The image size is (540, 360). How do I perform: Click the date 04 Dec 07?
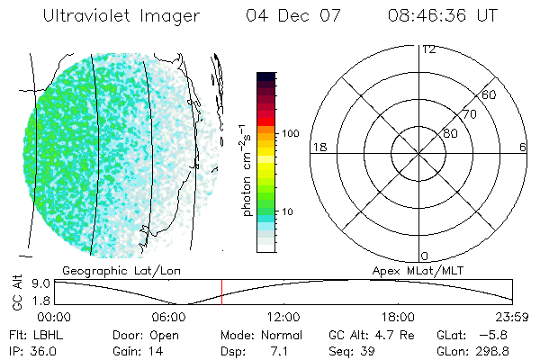coord(284,16)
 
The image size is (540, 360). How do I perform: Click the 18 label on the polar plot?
coord(318,147)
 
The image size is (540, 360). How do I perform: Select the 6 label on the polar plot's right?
coord(523,147)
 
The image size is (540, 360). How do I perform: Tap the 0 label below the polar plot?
coord(425,256)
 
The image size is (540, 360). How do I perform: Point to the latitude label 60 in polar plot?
coord(490,94)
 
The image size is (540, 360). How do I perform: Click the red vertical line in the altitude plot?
coord(221,292)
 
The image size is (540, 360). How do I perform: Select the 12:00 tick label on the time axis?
coord(283,317)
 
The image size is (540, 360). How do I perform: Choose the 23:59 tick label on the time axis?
coord(513,317)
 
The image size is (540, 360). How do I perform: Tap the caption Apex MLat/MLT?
coord(417,269)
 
